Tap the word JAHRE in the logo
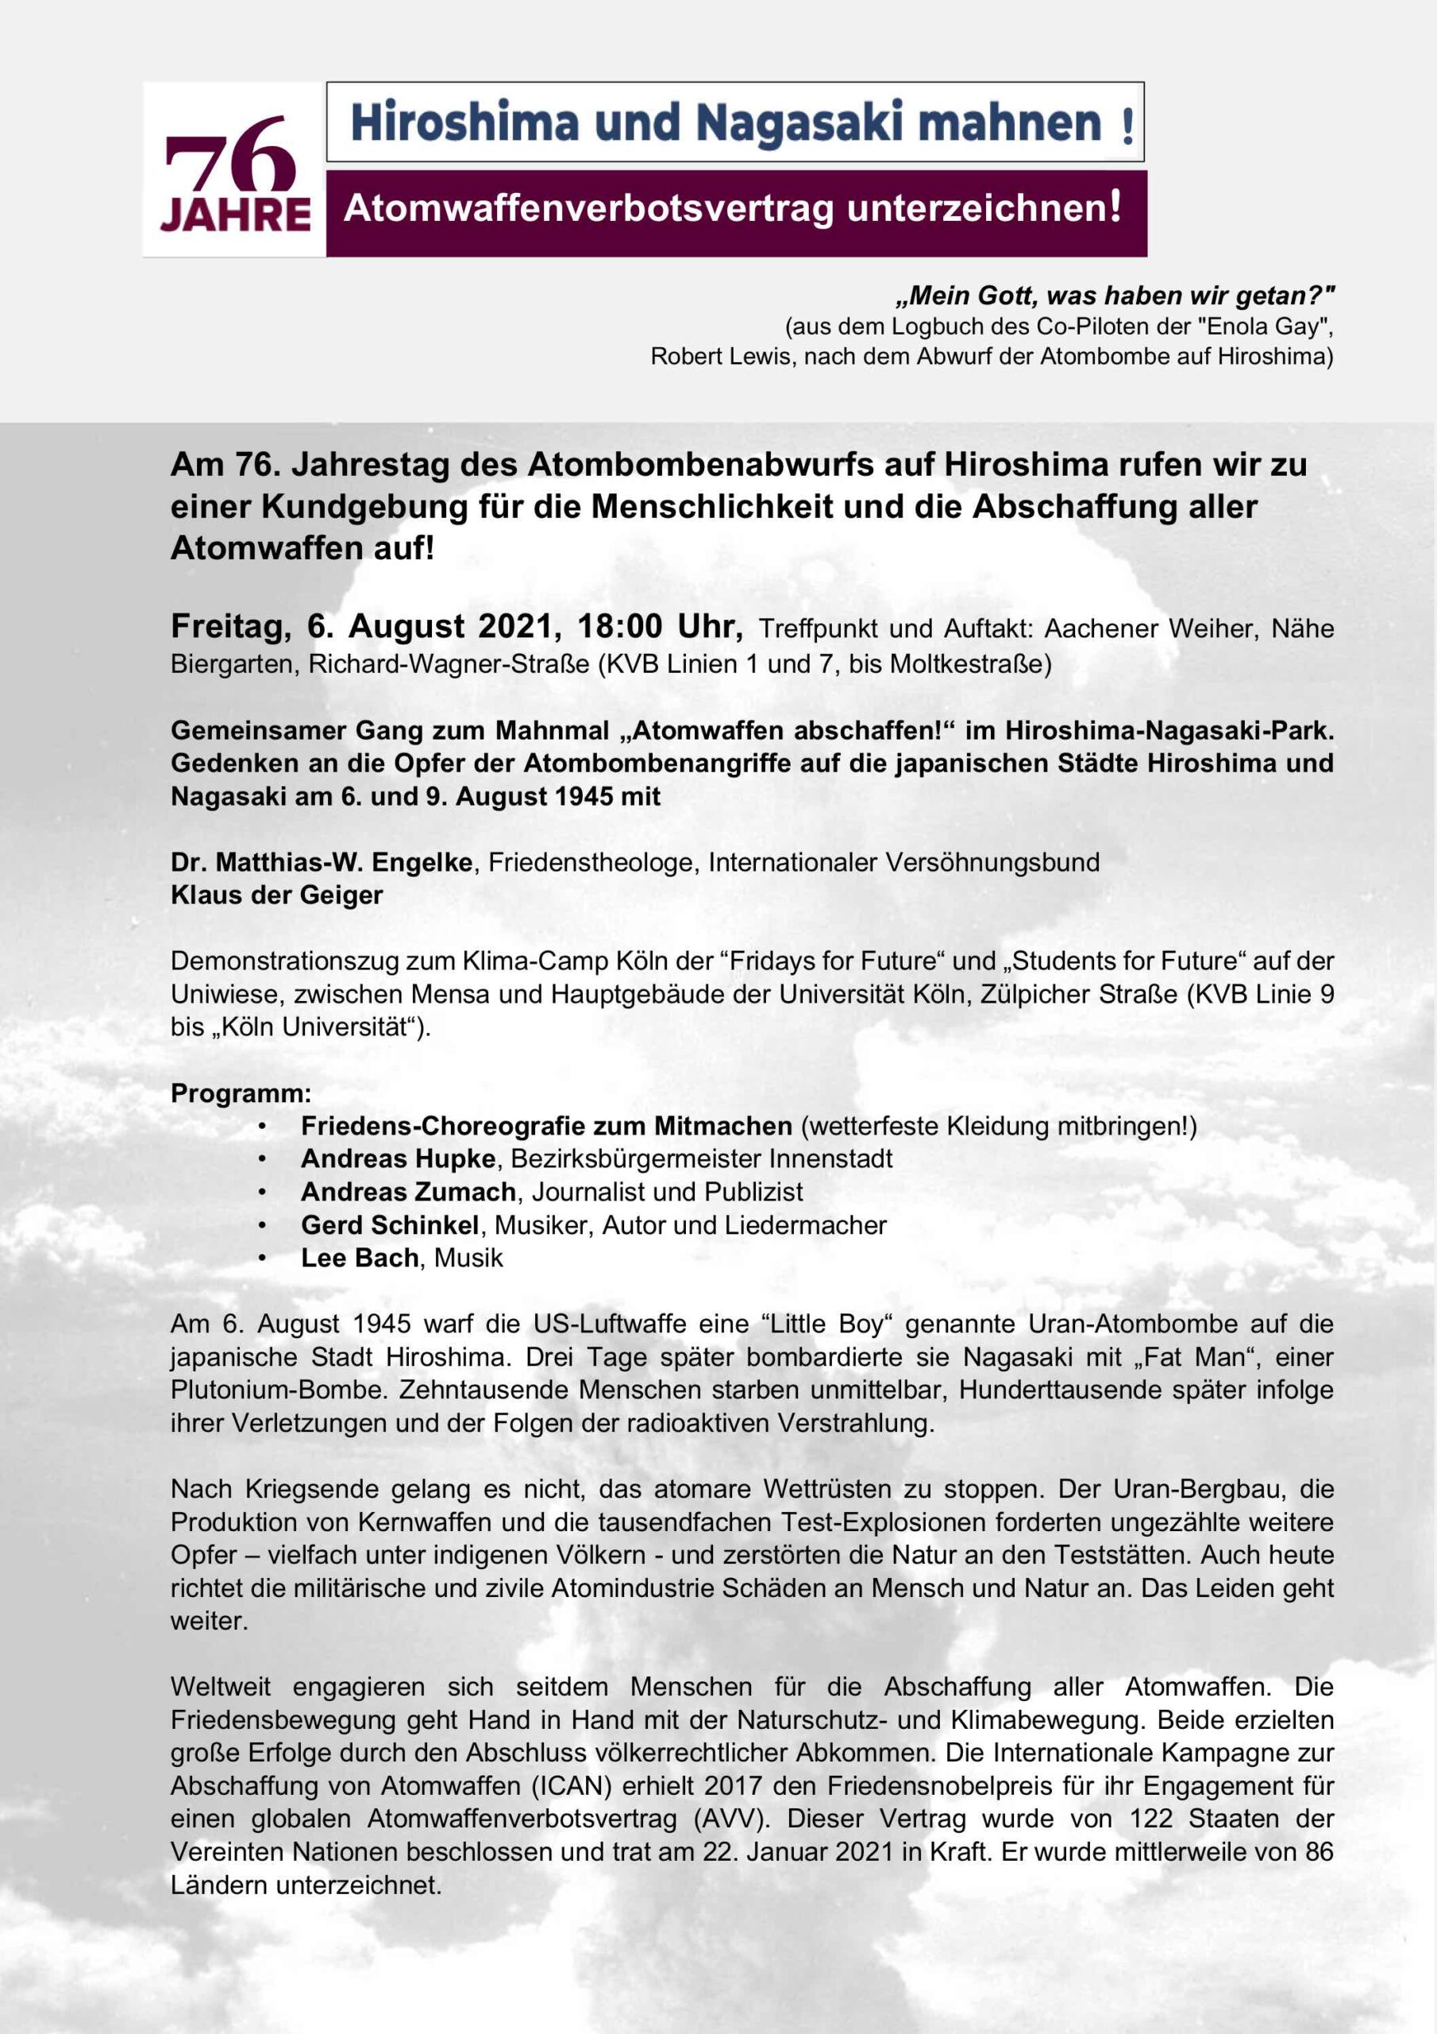[236, 216]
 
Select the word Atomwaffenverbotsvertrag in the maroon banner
[589, 209]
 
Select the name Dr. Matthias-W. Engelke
[322, 862]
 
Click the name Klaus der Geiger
[276, 895]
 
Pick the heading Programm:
[241, 1093]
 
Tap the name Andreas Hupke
[398, 1158]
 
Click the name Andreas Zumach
[408, 1192]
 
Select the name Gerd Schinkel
[390, 1225]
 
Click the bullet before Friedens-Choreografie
[263, 1127]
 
